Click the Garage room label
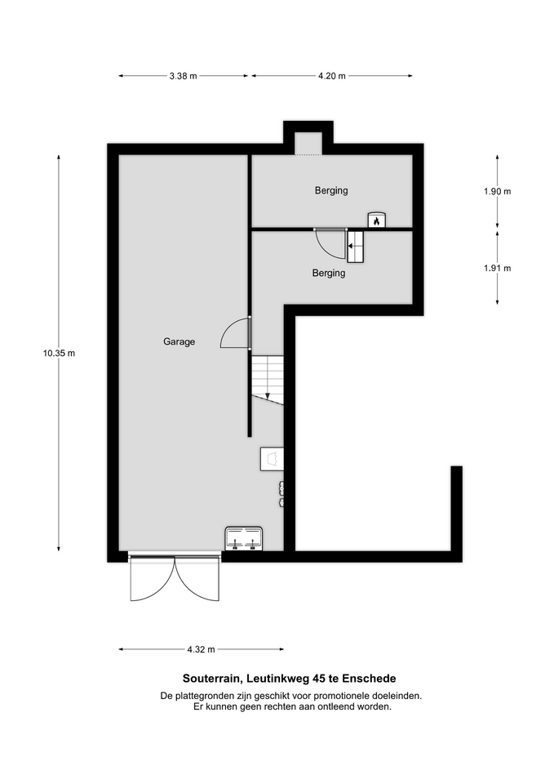[x=179, y=342]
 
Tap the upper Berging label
[x=331, y=190]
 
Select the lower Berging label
[x=329, y=273]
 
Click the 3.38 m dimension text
[x=183, y=76]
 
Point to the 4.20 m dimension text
[x=332, y=76]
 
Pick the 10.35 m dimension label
[x=59, y=353]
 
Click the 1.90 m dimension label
[x=497, y=191]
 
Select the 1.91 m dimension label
[x=497, y=268]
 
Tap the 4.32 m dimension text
[x=201, y=649]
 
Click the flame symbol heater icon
[x=377, y=220]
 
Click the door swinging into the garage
[x=235, y=333]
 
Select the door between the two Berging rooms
[x=330, y=243]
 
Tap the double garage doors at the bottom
[x=175, y=577]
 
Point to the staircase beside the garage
[x=268, y=380]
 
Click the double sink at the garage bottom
[x=244, y=538]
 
